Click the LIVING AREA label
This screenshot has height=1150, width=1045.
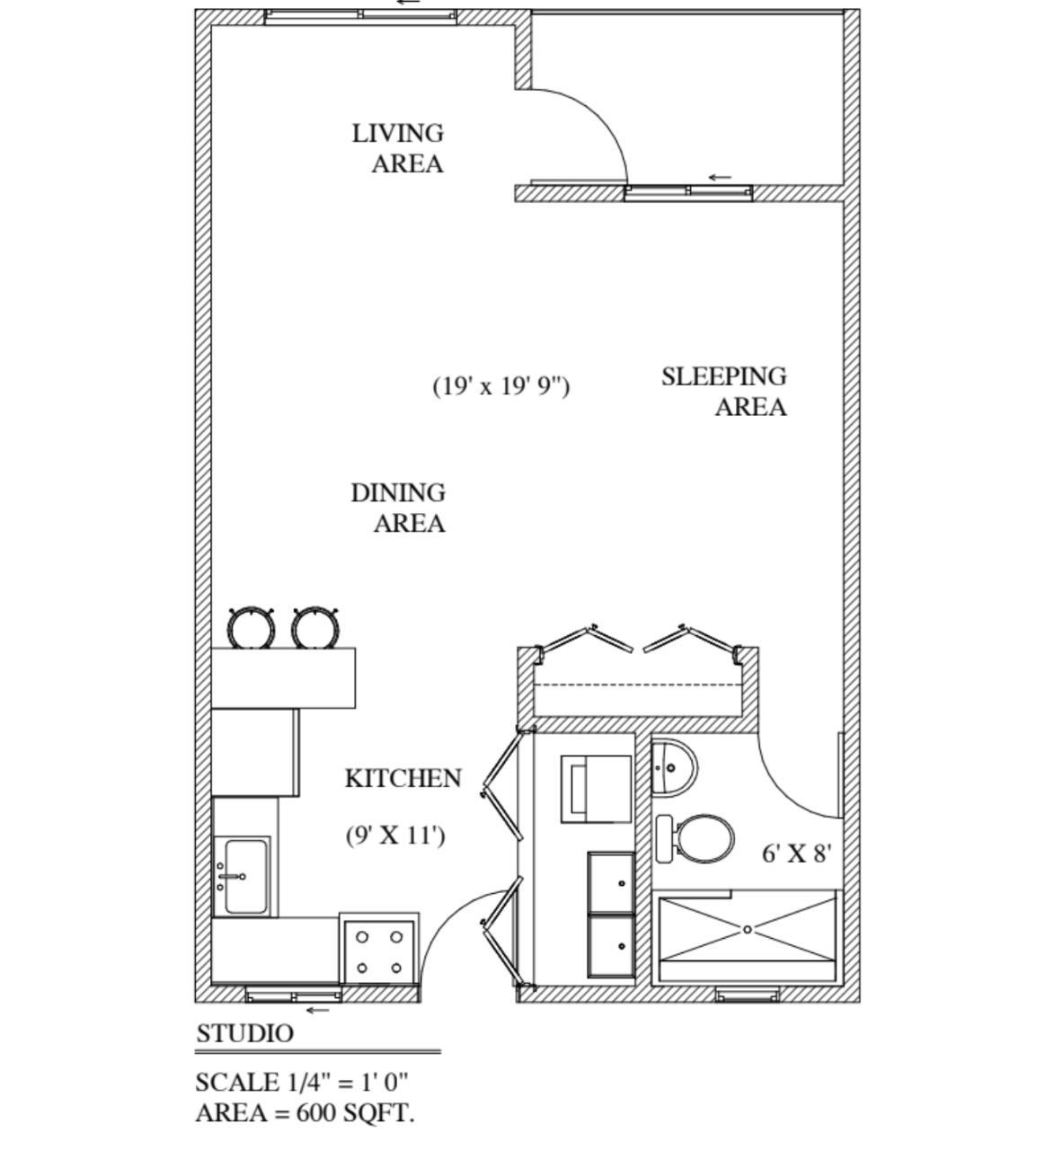pyautogui.click(x=398, y=148)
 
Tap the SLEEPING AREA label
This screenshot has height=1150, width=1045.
pyautogui.click(x=724, y=391)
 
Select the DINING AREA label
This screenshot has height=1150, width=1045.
pyautogui.click(x=398, y=508)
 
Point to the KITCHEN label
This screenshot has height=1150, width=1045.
pyautogui.click(x=403, y=778)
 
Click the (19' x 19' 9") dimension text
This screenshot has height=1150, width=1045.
pyautogui.click(x=501, y=385)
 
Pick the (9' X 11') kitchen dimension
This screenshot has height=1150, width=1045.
pyautogui.click(x=395, y=836)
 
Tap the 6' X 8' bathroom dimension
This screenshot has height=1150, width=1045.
pyautogui.click(x=797, y=854)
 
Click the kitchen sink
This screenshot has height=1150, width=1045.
pyautogui.click(x=244, y=876)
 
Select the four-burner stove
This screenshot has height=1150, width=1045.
pyautogui.click(x=378, y=951)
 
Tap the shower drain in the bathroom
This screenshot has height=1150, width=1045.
pyautogui.click(x=747, y=930)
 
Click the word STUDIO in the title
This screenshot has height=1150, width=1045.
pyautogui.click(x=244, y=1034)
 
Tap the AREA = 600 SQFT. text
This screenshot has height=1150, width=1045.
pyautogui.click(x=305, y=1113)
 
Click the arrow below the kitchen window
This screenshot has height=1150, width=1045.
pyautogui.click(x=317, y=1010)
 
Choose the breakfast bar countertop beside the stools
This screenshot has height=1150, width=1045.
pyautogui.click(x=283, y=677)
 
